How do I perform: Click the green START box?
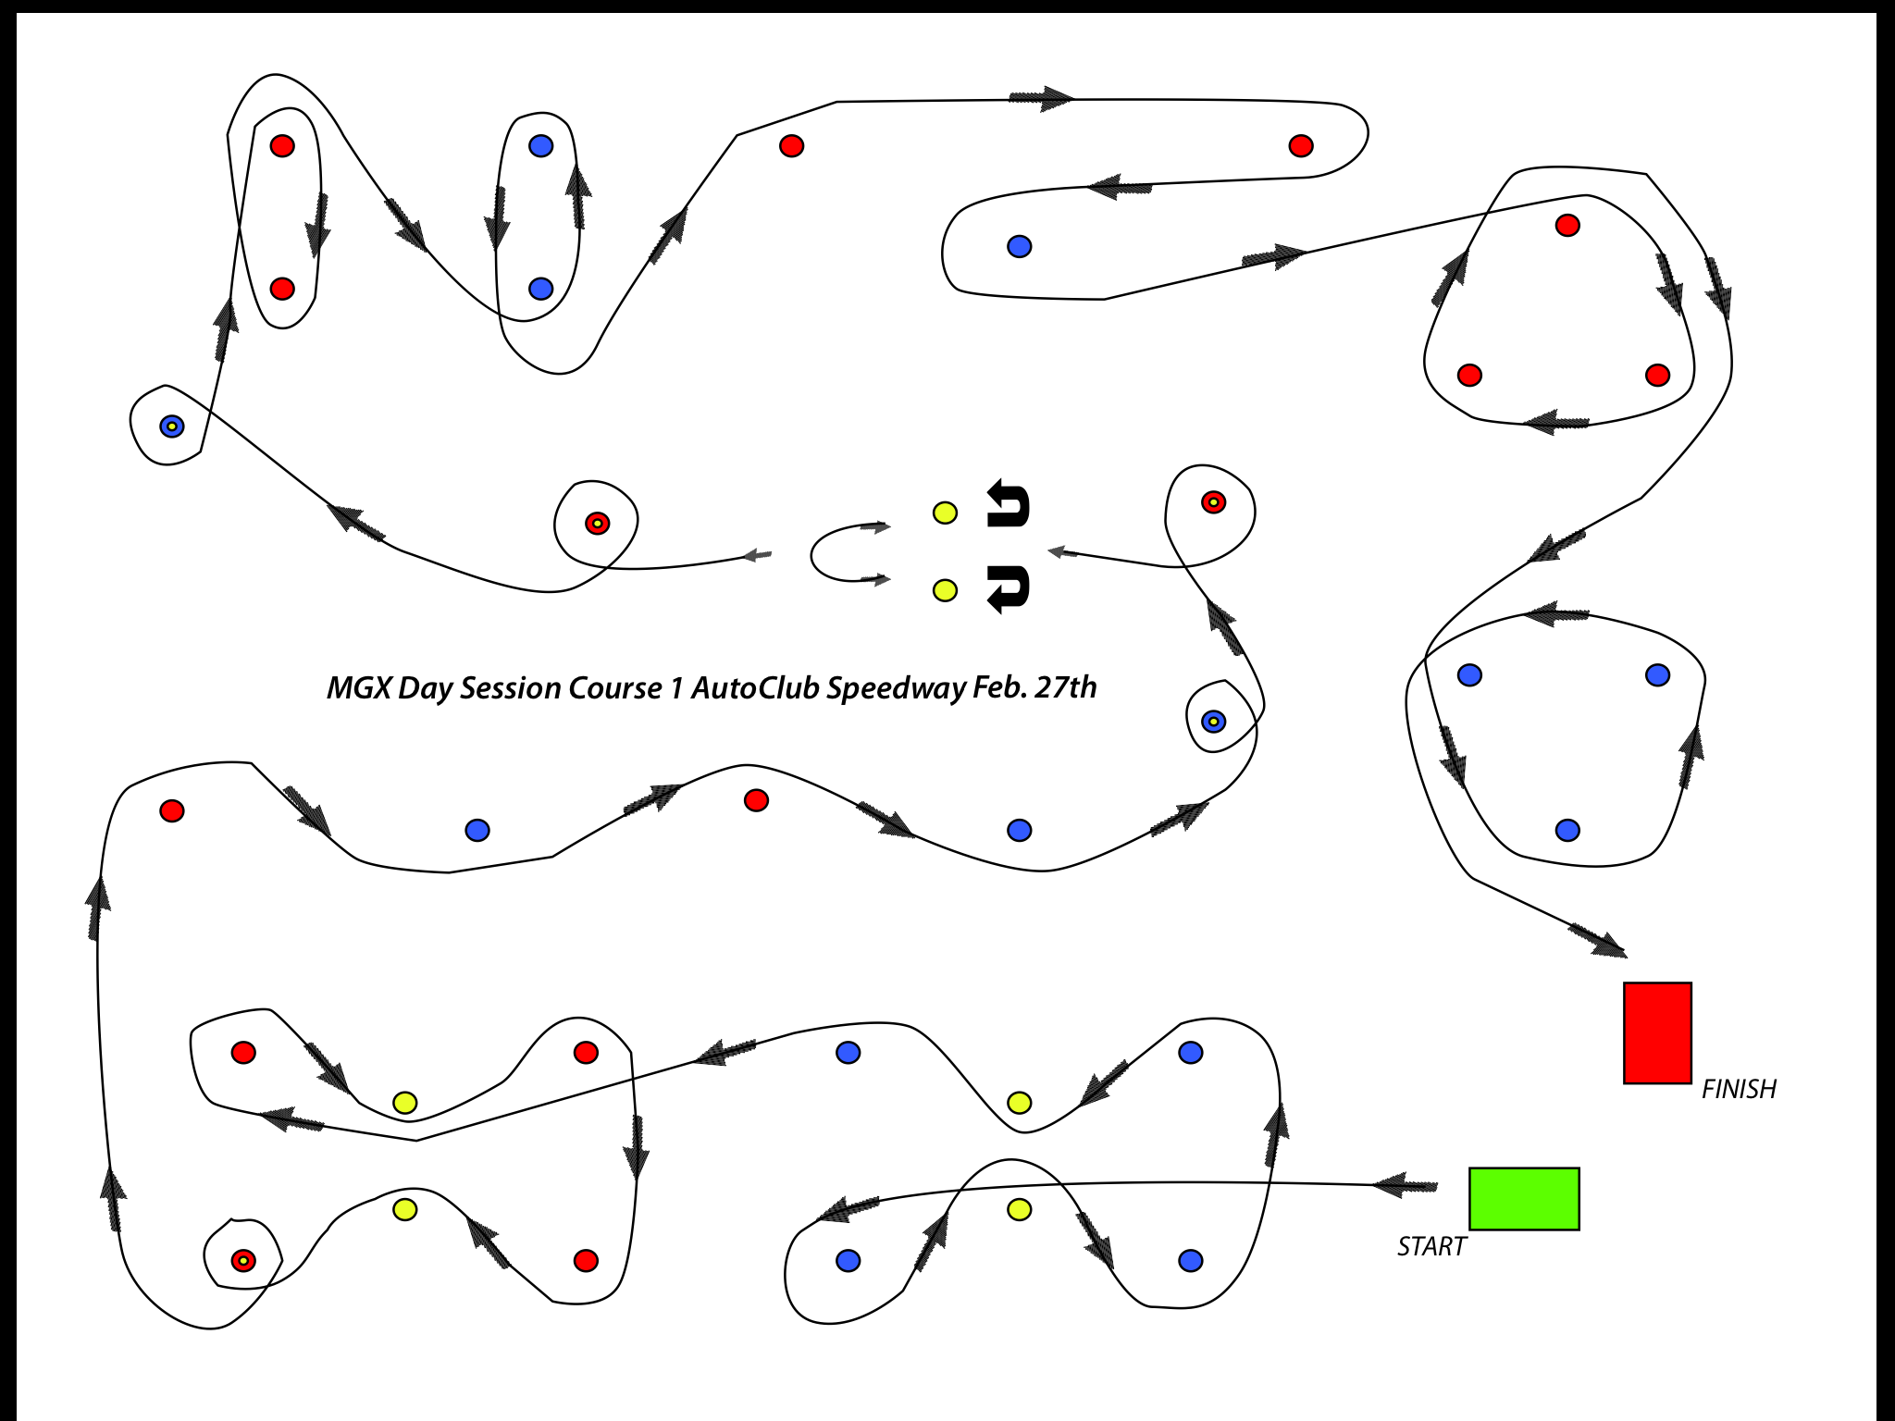(x=1524, y=1198)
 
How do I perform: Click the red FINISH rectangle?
(x=1657, y=1032)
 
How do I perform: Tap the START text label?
(x=1431, y=1247)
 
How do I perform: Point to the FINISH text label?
(x=1739, y=1089)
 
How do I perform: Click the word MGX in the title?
(x=359, y=688)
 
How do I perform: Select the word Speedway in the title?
(x=896, y=688)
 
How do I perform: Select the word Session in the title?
(x=511, y=688)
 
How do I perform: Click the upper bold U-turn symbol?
(x=1008, y=504)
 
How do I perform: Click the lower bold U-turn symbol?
(x=1008, y=588)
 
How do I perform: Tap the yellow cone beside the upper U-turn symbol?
(x=945, y=513)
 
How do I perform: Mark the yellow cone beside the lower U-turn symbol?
(x=945, y=590)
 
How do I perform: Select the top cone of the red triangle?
(x=1567, y=225)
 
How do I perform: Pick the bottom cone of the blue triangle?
(x=1567, y=830)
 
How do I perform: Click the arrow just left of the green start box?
(x=1405, y=1185)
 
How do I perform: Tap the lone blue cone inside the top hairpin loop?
(x=1019, y=246)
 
